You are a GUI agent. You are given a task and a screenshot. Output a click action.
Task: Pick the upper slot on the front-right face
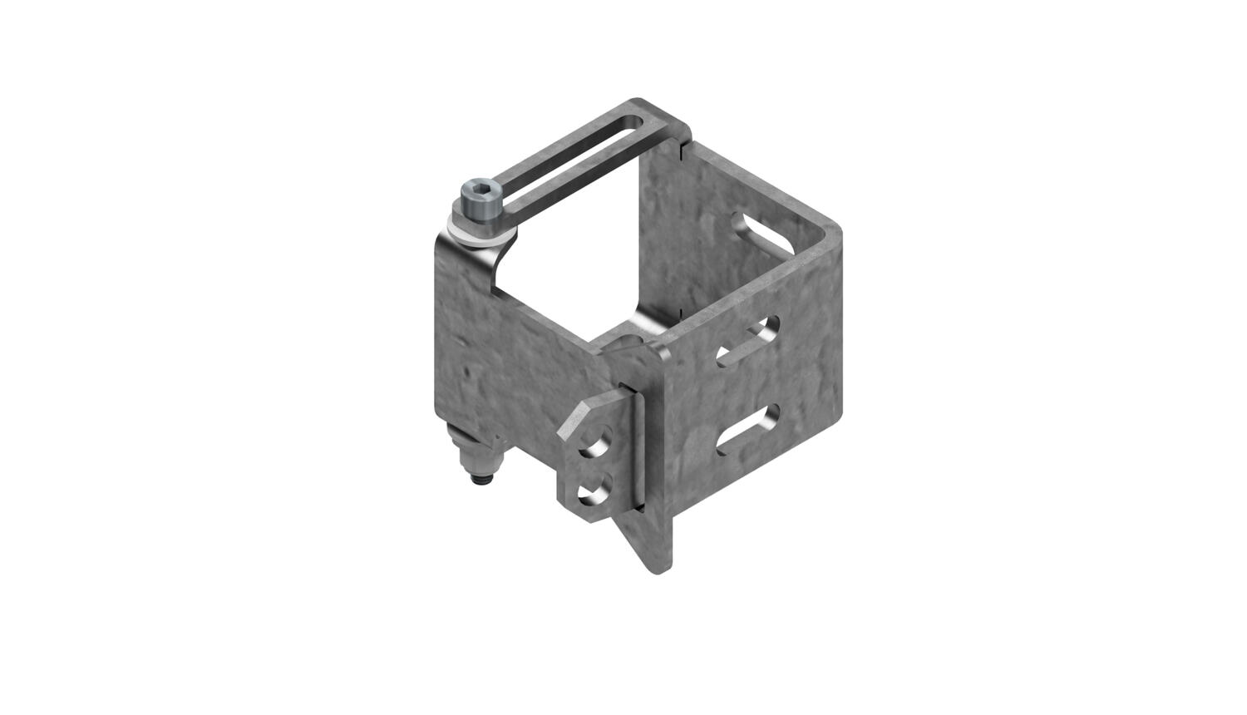747,341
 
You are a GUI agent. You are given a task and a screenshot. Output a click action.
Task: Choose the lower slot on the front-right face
748,428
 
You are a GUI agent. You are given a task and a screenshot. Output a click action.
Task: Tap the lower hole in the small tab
594,490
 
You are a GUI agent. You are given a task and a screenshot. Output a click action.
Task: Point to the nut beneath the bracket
475,456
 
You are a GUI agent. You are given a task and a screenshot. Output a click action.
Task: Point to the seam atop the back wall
681,146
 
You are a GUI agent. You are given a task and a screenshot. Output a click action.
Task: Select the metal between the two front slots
748,384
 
